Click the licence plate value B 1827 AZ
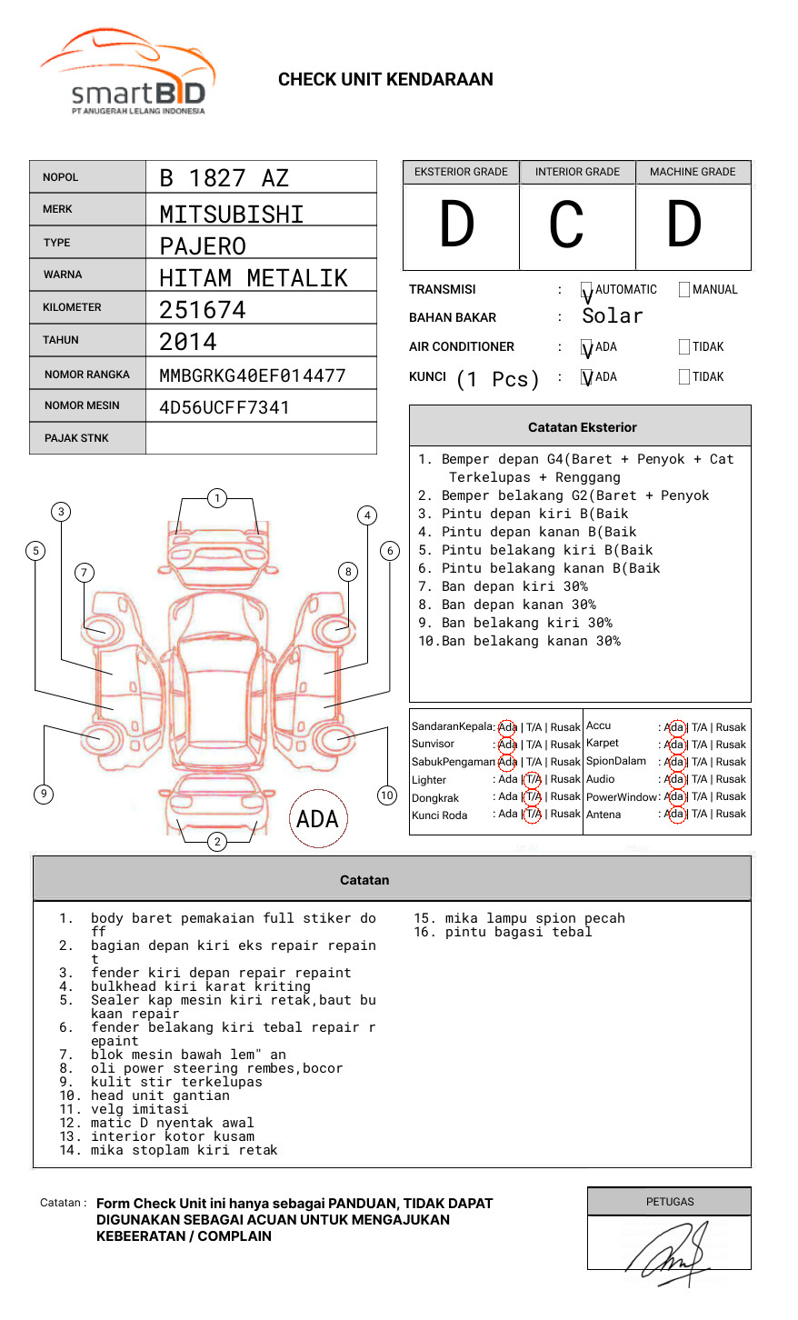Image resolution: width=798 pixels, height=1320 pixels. coord(224,178)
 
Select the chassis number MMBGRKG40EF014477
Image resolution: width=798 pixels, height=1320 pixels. coord(252,375)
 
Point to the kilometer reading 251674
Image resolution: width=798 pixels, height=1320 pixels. coord(203,310)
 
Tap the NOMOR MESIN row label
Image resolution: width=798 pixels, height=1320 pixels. coord(82,405)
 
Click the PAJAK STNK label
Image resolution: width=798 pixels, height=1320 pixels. coord(76,438)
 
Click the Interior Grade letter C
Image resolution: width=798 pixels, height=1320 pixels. coord(567,225)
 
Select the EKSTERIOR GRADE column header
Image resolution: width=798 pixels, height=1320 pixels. coord(461,172)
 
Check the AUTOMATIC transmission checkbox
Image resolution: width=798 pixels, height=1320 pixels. coord(587,291)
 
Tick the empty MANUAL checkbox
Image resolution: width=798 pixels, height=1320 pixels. coord(684,290)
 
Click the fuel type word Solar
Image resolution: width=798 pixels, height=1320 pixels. coord(612,316)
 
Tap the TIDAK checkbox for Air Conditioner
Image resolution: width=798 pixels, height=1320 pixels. coord(684,347)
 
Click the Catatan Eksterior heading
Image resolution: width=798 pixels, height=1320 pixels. coord(582,427)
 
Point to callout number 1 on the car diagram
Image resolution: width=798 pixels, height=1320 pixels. coord(216,498)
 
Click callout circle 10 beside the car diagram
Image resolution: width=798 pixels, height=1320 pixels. coord(387,795)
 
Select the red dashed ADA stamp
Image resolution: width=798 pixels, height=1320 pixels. coord(317,819)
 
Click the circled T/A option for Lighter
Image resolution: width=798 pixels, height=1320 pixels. coord(533,779)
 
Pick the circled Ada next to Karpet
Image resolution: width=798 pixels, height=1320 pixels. coord(674,745)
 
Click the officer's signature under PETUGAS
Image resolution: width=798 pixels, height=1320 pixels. coord(668,1250)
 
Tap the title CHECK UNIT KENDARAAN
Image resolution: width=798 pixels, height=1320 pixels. coord(385,80)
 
